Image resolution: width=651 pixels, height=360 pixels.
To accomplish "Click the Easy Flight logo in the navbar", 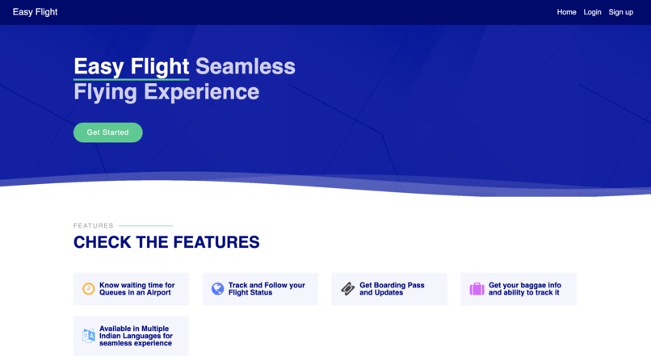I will pyautogui.click(x=35, y=12).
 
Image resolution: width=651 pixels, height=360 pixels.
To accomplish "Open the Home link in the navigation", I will pyautogui.click(x=566, y=12).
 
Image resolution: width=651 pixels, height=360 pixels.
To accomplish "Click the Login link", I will pyautogui.click(x=592, y=12).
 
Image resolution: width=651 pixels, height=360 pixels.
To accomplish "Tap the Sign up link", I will pyautogui.click(x=620, y=12).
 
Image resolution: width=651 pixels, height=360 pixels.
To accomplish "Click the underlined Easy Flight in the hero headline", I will pyautogui.click(x=131, y=66).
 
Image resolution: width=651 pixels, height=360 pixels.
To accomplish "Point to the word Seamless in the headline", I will pyautogui.click(x=245, y=66).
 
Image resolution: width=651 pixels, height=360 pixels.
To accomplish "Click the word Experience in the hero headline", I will pyautogui.click(x=201, y=92).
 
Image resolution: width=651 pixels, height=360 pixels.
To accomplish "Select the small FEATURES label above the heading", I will pyautogui.click(x=94, y=226).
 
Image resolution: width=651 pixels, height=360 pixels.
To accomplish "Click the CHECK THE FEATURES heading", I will pyautogui.click(x=166, y=242).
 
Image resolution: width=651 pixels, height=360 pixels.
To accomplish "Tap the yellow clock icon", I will pyautogui.click(x=89, y=289).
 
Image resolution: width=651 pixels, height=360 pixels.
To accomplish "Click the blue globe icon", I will pyautogui.click(x=217, y=289).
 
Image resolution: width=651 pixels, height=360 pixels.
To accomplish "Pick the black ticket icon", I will pyautogui.click(x=347, y=289).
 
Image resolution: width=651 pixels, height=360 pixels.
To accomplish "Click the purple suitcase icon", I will pyautogui.click(x=477, y=289).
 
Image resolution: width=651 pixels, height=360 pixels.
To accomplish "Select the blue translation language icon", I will pyautogui.click(x=89, y=336).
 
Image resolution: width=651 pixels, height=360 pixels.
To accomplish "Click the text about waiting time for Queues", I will pyautogui.click(x=136, y=289).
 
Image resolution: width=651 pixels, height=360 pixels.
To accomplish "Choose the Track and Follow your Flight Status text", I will pyautogui.click(x=267, y=289).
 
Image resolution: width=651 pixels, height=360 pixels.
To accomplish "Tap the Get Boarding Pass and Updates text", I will pyautogui.click(x=392, y=289).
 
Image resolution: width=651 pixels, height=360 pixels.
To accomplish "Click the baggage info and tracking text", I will pyautogui.click(x=524, y=289).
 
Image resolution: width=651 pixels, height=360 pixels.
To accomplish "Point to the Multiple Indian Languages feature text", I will pyautogui.click(x=136, y=336).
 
